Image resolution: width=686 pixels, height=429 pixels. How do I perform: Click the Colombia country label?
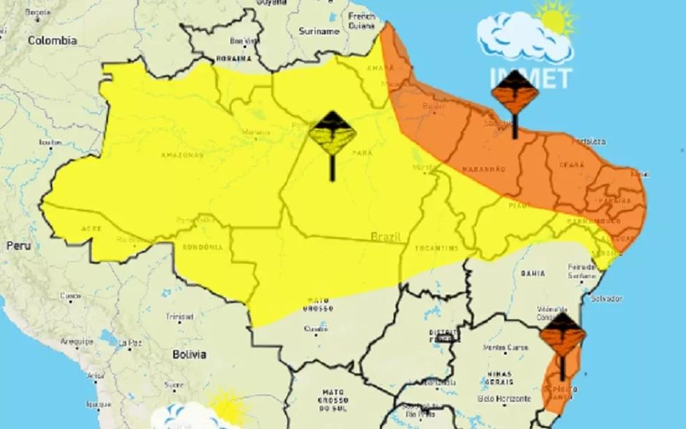coord(52,40)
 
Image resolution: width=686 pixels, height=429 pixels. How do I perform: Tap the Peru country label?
coord(18,246)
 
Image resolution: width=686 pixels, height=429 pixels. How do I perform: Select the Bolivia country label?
coord(189,354)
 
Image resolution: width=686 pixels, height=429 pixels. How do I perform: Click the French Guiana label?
coord(362,21)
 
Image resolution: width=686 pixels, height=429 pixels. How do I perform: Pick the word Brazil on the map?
coord(386,237)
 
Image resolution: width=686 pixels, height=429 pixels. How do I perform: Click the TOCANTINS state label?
coord(437,248)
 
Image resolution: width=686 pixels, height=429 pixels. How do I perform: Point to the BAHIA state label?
coord(532,274)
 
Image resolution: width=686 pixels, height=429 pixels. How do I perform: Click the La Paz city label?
coord(130,343)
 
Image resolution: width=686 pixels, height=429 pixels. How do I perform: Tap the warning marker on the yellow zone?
coord(333,135)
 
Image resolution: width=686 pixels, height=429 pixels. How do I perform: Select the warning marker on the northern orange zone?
coord(514,93)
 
